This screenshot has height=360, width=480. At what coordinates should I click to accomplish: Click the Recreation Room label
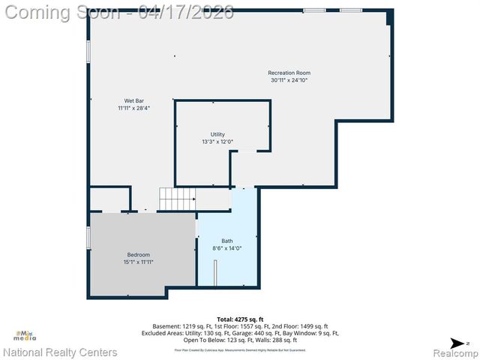tap(289, 73)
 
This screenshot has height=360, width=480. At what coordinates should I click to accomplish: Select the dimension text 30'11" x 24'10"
tap(289, 79)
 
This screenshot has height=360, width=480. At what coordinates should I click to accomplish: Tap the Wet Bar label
tap(133, 100)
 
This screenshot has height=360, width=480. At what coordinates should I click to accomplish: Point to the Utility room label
tap(217, 134)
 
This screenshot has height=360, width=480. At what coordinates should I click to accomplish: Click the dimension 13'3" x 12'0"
tap(217, 141)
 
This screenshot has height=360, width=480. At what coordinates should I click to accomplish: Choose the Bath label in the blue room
tap(227, 241)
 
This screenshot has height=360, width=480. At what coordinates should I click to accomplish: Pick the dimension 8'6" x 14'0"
tap(227, 247)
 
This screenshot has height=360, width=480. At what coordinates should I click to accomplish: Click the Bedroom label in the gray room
tap(138, 255)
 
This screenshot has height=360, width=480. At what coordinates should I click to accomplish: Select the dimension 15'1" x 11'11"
tap(138, 262)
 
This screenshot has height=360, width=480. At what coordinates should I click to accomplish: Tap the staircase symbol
tap(177, 199)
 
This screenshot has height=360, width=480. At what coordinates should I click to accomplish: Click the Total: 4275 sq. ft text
tap(236, 319)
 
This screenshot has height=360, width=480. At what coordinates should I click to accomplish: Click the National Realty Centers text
tap(60, 352)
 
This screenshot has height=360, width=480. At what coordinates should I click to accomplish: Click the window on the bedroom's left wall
tap(89, 238)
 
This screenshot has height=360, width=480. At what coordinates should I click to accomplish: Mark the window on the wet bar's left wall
tap(89, 51)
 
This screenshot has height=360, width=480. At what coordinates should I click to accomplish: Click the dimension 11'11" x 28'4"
tap(133, 108)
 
